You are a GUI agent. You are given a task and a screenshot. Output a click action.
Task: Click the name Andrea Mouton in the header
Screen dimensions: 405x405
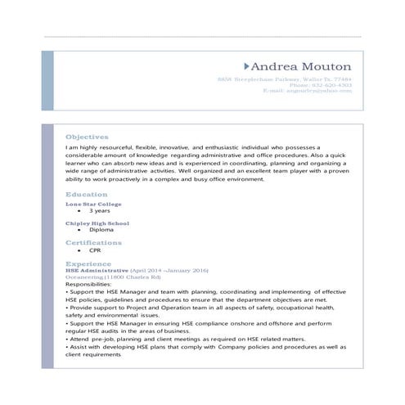[x=302, y=66]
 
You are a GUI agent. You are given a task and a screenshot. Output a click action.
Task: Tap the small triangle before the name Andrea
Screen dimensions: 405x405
[x=247, y=65]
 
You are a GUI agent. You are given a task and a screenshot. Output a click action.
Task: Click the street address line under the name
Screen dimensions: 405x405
[x=285, y=80]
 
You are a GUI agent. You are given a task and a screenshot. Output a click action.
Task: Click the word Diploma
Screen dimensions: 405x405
[x=101, y=231]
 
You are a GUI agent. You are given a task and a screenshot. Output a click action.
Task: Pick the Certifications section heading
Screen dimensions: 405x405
[x=93, y=242]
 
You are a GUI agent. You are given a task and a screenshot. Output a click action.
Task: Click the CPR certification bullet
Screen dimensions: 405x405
[x=97, y=251]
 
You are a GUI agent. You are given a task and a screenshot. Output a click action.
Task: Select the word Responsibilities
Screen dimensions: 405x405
[x=91, y=284]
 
